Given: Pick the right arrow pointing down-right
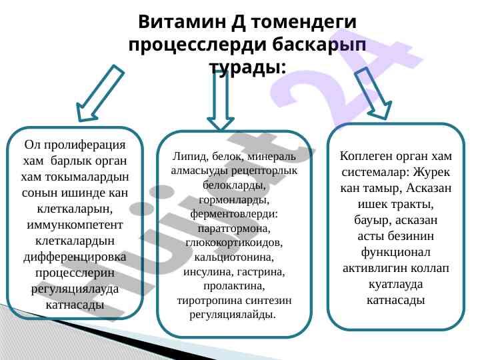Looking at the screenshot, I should pos(371,94).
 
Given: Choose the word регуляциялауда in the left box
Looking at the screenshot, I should pos(75,289).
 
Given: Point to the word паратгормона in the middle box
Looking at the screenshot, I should pos(234,227).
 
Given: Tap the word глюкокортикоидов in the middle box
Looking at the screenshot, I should pos(234,242).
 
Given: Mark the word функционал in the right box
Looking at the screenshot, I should pos(396,253).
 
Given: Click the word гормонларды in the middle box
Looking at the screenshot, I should pos(234,199).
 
